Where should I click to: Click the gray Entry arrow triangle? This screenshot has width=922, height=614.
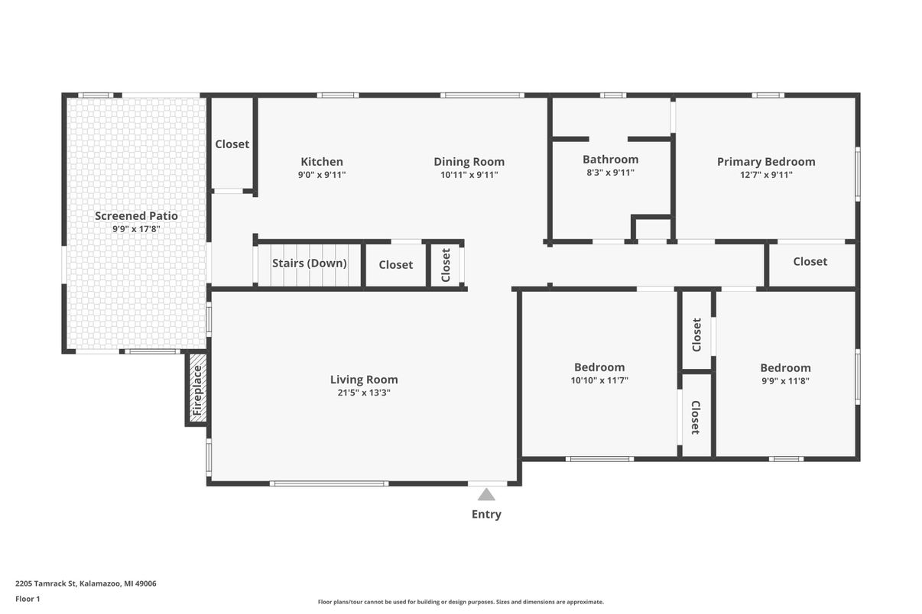486,495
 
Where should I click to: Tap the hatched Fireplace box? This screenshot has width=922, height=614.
197,388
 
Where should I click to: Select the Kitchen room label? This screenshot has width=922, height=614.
322,162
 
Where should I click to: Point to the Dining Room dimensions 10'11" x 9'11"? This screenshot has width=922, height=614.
469,175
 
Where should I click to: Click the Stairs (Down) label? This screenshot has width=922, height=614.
310,263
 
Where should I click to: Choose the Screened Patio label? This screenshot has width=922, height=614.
136,216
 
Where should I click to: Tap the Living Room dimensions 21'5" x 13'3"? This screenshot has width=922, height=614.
364,393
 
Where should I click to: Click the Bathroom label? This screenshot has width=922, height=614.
610,160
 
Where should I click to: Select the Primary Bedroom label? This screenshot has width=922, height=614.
766,162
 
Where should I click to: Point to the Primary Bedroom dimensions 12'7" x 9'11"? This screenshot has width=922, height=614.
766,175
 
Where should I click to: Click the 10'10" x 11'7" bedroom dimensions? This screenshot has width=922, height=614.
599,380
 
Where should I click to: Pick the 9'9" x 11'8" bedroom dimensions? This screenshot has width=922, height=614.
785,381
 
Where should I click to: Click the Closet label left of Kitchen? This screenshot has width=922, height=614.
232,144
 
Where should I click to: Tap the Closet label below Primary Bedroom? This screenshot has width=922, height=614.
810,261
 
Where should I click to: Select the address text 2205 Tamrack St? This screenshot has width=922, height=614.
46,583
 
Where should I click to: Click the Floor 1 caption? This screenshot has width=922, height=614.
28,599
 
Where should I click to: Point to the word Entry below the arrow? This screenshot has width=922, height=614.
486,515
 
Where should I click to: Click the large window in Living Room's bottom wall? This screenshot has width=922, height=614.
329,483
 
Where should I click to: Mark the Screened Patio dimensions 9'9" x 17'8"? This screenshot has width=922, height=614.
136,229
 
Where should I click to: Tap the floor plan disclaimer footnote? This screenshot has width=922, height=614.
460,602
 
